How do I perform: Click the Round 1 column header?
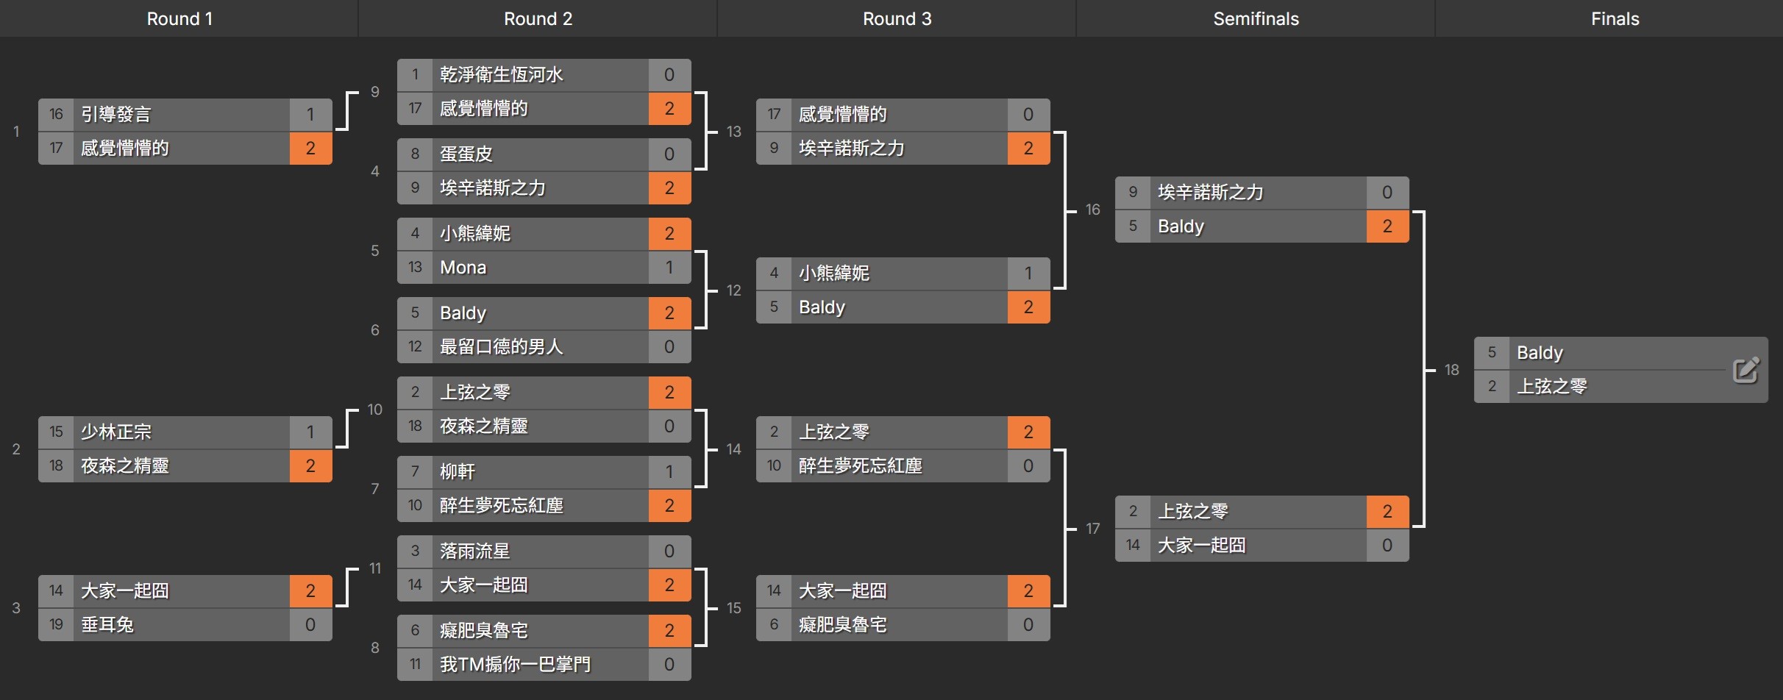[x=179, y=18]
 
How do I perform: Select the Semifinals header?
[x=1256, y=18]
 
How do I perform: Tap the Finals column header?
[x=1615, y=18]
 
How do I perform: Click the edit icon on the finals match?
[x=1745, y=370]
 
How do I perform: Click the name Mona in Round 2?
[x=463, y=268]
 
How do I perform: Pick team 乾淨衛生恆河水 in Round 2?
[x=501, y=75]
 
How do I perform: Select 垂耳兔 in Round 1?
[x=107, y=625]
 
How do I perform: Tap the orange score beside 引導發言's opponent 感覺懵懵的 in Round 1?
[x=310, y=149]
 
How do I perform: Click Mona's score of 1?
[x=669, y=268]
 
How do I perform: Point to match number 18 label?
[x=1451, y=370]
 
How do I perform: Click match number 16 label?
[x=1092, y=210]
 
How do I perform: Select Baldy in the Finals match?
[x=1540, y=353]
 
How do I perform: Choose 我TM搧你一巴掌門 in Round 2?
[x=515, y=665]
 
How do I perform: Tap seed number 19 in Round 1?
[x=56, y=625]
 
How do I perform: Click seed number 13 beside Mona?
[x=415, y=268]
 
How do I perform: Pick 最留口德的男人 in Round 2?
[x=501, y=347]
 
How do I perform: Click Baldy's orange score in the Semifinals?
[x=1387, y=226]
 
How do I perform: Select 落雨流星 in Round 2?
[x=474, y=551]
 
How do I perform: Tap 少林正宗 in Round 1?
[x=115, y=432]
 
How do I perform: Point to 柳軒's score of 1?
[x=669, y=472]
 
